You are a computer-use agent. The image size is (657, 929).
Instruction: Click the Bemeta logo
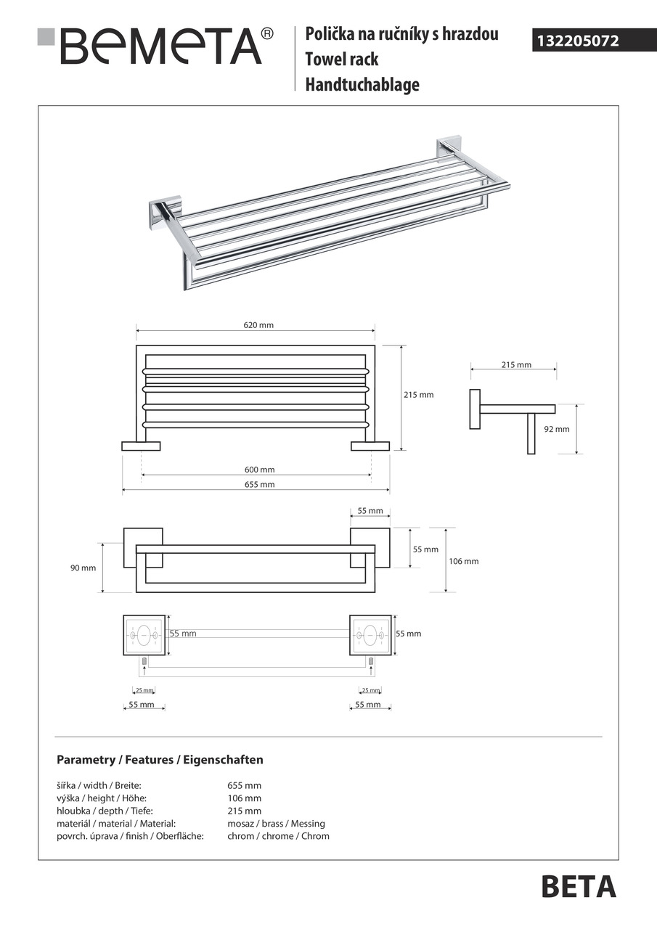156,45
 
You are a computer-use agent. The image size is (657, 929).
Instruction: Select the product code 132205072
578,41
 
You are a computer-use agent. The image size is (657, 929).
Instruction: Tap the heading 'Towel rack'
341,60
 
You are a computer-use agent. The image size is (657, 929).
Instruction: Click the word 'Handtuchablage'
362,85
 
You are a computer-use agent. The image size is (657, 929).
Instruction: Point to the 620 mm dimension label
258,326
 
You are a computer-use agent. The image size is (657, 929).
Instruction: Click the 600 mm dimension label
259,470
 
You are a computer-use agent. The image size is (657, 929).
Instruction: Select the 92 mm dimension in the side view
557,429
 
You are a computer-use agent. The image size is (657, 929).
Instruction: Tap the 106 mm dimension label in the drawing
464,561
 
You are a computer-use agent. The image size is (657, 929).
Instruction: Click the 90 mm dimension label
83,568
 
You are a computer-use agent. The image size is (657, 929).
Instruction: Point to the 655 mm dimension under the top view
259,484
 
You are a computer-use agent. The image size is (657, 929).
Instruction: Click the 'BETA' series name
579,887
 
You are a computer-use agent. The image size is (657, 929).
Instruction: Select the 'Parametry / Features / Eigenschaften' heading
160,760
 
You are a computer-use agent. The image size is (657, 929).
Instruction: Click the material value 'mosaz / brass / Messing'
276,824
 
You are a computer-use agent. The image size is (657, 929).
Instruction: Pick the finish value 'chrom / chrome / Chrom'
278,836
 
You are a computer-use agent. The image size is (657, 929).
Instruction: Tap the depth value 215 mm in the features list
244,811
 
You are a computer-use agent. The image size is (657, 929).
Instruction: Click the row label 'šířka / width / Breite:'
99,785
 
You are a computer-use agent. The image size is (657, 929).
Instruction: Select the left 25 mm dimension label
144,690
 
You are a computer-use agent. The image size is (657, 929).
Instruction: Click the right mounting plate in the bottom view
370,634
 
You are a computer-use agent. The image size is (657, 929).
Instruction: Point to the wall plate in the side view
475,409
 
